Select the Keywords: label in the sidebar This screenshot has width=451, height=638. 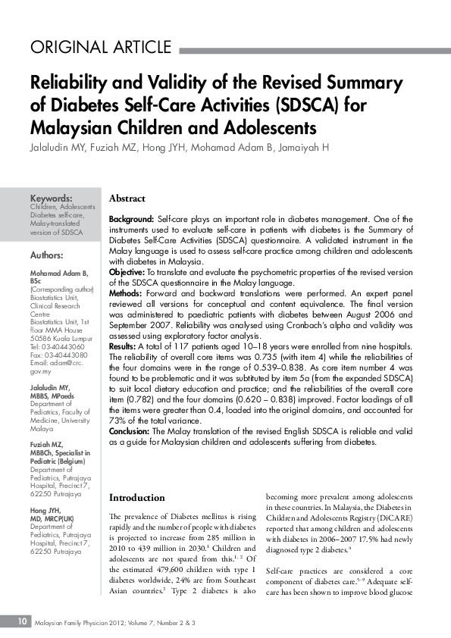pos(51,198)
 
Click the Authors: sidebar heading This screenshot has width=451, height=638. pos(47,255)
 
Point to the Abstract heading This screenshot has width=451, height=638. pos(127,199)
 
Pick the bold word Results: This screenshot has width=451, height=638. pos(126,324)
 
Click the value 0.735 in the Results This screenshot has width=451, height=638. pos(280,334)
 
